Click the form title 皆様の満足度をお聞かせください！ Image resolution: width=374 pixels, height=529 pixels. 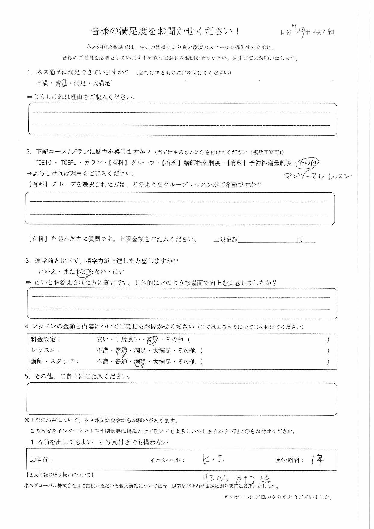click(x=165, y=31)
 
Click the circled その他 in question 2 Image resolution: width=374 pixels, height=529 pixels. click(x=308, y=163)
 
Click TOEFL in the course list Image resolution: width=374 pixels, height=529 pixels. click(x=70, y=163)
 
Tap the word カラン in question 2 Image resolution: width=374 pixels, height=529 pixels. click(x=93, y=163)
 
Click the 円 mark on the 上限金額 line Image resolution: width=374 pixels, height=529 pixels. click(x=300, y=239)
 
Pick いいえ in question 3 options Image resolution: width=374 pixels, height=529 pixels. click(x=47, y=272)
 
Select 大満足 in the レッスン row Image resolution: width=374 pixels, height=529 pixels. click(x=162, y=351)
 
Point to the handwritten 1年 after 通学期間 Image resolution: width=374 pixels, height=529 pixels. click(x=316, y=460)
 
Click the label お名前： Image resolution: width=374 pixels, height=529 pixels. click(x=42, y=460)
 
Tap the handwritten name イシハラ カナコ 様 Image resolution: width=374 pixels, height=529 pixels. click(x=237, y=479)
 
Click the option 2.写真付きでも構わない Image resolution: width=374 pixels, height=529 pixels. click(x=134, y=442)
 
